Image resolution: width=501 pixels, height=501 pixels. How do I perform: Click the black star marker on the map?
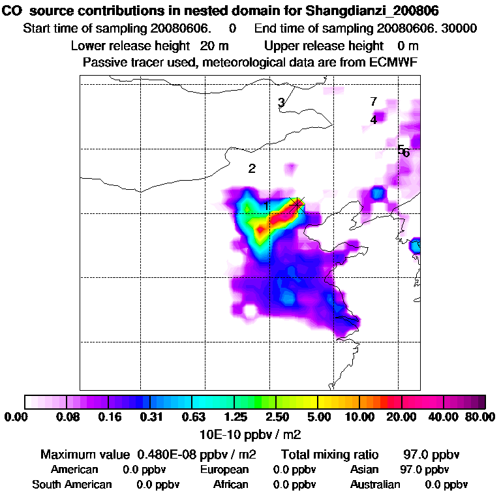[x=297, y=204]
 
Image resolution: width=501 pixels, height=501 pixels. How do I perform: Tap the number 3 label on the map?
[x=281, y=102]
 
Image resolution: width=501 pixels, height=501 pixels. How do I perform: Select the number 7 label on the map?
[x=373, y=102]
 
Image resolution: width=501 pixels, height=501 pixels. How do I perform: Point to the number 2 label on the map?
[x=252, y=168]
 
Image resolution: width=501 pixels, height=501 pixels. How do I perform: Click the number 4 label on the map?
[x=373, y=120]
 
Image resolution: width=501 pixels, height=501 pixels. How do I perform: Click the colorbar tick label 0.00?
[x=18, y=417]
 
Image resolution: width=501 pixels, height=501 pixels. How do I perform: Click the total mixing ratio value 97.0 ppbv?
[x=428, y=454]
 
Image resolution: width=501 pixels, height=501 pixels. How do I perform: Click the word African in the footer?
[x=231, y=485]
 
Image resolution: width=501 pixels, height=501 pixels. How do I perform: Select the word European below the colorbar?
[x=224, y=470]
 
